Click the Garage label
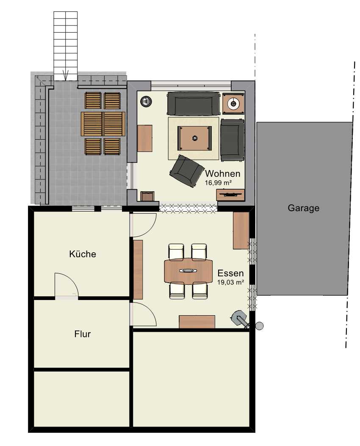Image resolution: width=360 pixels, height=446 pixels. point(303,208)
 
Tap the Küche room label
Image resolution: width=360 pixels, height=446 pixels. point(83,254)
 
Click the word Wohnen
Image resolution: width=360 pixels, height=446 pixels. point(222,173)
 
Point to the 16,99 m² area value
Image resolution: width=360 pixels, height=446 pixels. point(218,183)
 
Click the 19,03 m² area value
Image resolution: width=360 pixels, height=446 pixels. point(230,282)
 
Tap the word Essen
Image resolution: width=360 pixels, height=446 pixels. point(230,273)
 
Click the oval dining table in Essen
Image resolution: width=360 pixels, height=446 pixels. point(188,271)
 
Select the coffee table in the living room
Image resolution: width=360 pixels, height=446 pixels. point(195,138)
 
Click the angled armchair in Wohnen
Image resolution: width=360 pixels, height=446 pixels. point(187,171)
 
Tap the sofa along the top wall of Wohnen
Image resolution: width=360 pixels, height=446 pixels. point(193,104)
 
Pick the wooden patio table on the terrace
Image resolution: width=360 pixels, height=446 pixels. point(103,124)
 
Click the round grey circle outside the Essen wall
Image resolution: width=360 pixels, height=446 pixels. point(259,326)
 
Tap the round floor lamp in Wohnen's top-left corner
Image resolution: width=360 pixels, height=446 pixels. point(146,101)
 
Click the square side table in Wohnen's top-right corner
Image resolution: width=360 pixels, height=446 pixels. point(233,104)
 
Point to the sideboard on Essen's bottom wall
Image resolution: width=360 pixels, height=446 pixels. point(197,322)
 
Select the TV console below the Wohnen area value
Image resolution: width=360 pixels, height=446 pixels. point(230,195)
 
